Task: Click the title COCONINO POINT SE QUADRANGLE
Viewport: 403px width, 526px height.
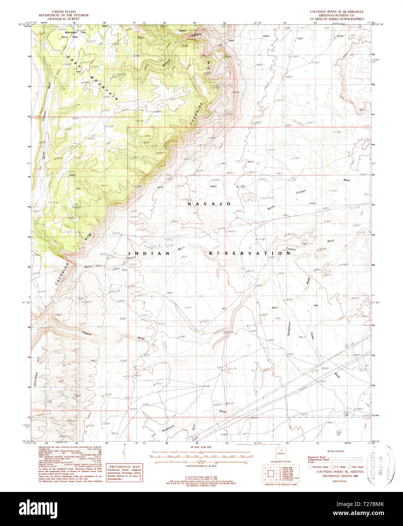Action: pos(337,12)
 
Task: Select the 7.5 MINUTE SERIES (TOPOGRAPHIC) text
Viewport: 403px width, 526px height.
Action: pos(337,19)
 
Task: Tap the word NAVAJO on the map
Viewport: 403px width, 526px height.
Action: pos(209,204)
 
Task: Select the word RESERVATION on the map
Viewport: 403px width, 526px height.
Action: pos(250,253)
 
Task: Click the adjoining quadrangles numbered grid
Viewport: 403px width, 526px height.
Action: pos(270,473)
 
